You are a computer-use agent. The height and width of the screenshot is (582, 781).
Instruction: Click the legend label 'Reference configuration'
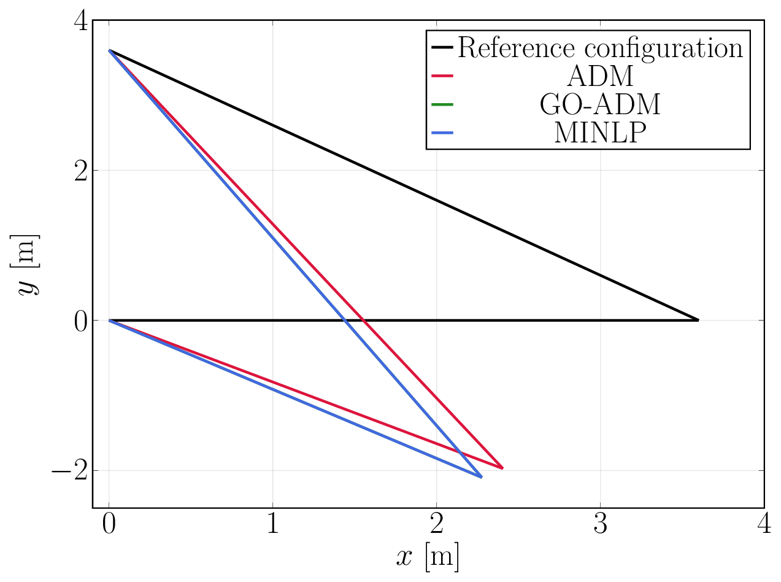(601, 48)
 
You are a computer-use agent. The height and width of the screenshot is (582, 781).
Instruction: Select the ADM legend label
(601, 77)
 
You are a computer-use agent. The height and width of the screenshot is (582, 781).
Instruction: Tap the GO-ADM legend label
(601, 105)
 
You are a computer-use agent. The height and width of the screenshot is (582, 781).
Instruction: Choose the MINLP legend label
(601, 133)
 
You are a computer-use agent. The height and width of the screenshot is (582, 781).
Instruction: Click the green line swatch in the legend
(443, 105)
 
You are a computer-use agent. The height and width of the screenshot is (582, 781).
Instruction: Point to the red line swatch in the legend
(443, 76)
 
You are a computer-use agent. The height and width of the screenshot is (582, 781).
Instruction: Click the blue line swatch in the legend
(443, 133)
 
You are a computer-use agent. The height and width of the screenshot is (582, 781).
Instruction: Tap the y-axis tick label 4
(80, 21)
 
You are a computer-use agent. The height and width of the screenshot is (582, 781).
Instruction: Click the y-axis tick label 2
(80, 171)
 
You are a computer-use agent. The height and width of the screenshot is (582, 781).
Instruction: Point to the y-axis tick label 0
(80, 321)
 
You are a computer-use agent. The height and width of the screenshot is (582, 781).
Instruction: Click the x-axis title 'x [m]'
(428, 557)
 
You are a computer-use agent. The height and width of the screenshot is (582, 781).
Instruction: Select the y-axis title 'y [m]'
(28, 264)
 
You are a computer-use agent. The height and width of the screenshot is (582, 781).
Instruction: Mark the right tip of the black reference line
(698, 320)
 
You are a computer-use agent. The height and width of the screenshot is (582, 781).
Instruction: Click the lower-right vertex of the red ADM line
(503, 468)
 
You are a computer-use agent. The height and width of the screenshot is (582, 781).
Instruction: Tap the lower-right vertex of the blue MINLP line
(482, 477)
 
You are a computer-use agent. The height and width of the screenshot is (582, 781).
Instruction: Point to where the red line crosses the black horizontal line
(364, 320)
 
